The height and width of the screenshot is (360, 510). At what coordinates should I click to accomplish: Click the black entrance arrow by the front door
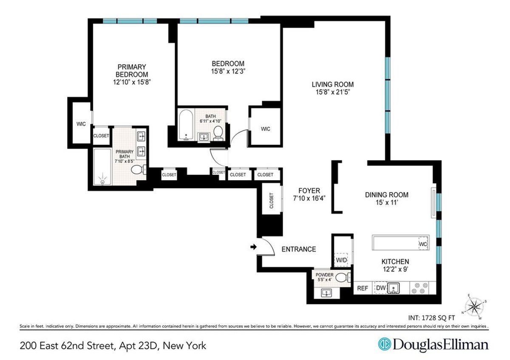(x=253, y=247)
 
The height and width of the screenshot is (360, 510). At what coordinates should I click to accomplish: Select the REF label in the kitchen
(x=362, y=288)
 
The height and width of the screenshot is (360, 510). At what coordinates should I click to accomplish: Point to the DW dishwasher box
(x=380, y=288)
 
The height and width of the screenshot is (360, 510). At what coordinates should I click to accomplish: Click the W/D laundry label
(x=342, y=259)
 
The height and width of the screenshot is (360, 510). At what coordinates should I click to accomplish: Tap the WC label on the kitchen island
(x=422, y=244)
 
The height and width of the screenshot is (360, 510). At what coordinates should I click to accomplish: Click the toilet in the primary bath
(x=138, y=170)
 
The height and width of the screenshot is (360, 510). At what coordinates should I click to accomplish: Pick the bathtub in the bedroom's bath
(x=186, y=125)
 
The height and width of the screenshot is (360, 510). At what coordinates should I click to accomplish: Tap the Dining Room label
(x=387, y=195)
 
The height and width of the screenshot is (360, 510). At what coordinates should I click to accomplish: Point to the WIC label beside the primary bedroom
(x=81, y=124)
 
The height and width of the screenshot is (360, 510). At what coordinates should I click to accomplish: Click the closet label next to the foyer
(x=272, y=201)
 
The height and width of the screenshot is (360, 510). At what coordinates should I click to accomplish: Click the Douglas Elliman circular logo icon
(x=384, y=344)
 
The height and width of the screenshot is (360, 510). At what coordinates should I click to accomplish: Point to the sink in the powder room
(x=327, y=292)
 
